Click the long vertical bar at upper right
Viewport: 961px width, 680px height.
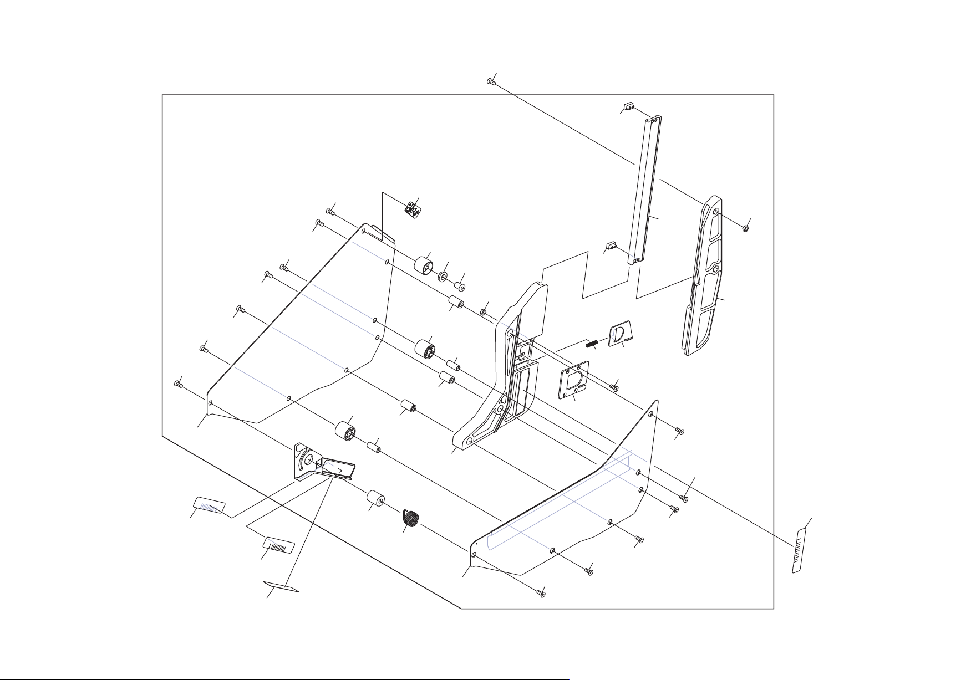646,188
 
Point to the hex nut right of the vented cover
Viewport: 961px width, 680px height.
745,227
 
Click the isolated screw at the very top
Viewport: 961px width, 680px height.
491,82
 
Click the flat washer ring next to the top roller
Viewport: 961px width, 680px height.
444,275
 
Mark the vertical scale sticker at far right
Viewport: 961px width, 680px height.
799,550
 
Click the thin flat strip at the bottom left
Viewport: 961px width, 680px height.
281,587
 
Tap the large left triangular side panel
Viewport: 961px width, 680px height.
299,327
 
